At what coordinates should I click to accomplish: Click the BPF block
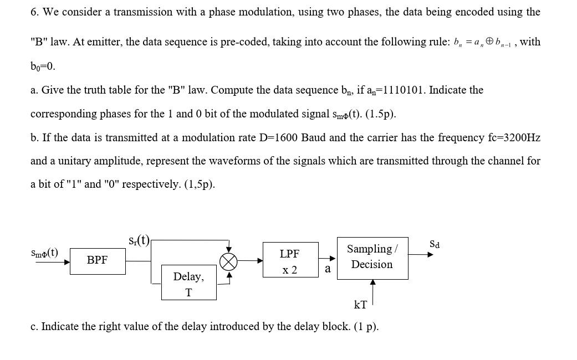pyautogui.click(x=98, y=260)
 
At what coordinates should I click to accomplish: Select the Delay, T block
pyautogui.click(x=188, y=282)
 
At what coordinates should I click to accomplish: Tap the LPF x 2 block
pyautogui.click(x=290, y=260)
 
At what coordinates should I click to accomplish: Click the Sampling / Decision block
pyautogui.click(x=372, y=258)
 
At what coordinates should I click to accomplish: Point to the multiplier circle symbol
pyautogui.click(x=228, y=261)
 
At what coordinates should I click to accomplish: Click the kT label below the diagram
pyautogui.click(x=360, y=305)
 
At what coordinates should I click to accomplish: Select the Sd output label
pyautogui.click(x=435, y=244)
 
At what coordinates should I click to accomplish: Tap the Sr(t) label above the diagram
pyautogui.click(x=139, y=240)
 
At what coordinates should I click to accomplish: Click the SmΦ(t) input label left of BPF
pyautogui.click(x=44, y=253)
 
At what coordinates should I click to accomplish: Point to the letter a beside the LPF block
pyautogui.click(x=328, y=269)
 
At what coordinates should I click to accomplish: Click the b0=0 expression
pyautogui.click(x=43, y=66)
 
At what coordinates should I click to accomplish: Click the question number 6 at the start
pyautogui.click(x=34, y=12)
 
